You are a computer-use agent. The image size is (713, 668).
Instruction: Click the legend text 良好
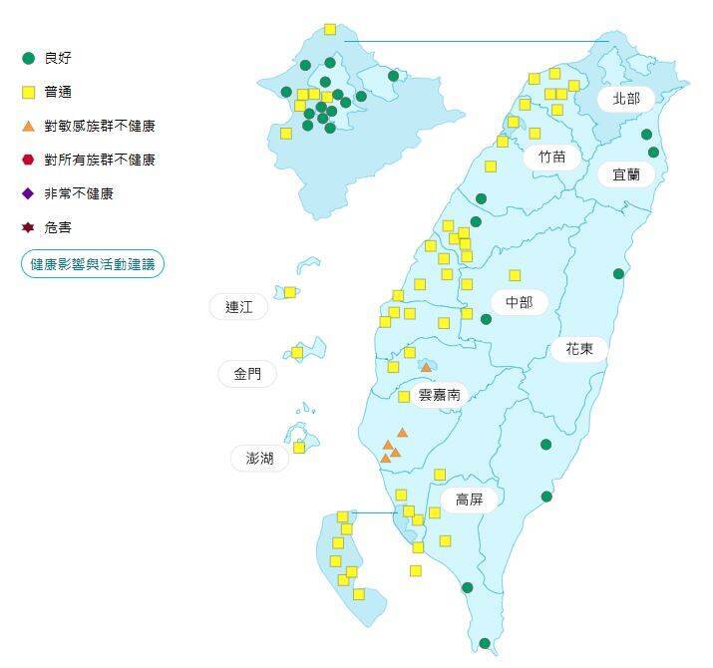pos(59,59)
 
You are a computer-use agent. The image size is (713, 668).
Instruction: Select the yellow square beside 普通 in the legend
pos(29,93)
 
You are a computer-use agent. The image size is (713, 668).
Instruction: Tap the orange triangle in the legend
pos(29,127)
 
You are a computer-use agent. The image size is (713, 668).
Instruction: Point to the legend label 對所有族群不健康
pos(100,160)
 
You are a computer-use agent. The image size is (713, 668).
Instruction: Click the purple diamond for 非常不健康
pos(29,193)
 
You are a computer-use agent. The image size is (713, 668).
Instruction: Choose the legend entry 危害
pos(58,227)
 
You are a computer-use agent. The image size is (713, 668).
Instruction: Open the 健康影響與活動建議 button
pos(92,264)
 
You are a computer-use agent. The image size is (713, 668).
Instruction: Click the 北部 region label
pos(626,99)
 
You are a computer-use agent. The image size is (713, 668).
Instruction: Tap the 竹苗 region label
pos(551,157)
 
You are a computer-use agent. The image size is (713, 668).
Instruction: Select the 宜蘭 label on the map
pos(626,173)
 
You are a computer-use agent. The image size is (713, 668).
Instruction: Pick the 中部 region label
pos(520,302)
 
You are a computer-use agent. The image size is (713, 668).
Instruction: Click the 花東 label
pos(579,349)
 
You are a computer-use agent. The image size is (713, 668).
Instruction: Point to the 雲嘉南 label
pos(439,395)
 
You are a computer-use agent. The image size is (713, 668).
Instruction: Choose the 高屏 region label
pos(470,500)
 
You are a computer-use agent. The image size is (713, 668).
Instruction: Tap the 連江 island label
pos(239,307)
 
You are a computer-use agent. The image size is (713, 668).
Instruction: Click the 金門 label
pos(247,374)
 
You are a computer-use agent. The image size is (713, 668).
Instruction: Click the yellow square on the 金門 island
pos(297,352)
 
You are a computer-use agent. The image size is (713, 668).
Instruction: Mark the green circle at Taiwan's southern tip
pos(485,643)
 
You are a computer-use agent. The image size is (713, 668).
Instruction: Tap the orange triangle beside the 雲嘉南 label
pos(426,368)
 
